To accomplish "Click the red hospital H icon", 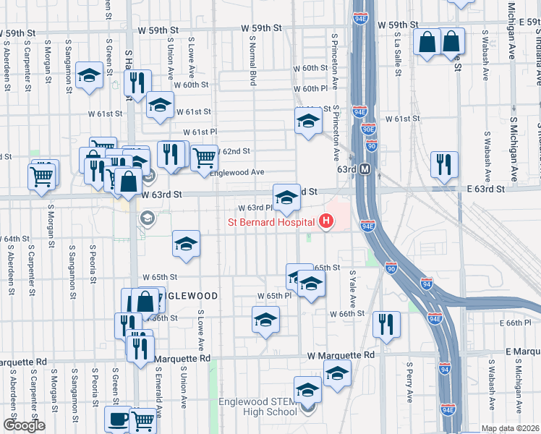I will pos(327,221).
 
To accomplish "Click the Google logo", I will pos(24,425).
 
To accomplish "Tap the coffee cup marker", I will pos(118,419).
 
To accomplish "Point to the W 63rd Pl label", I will pos(253,208).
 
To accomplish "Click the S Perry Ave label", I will pos(409,382).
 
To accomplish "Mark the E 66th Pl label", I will pos(519,322).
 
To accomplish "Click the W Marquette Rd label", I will pos(341,356).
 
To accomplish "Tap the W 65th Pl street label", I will pos(274,296).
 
